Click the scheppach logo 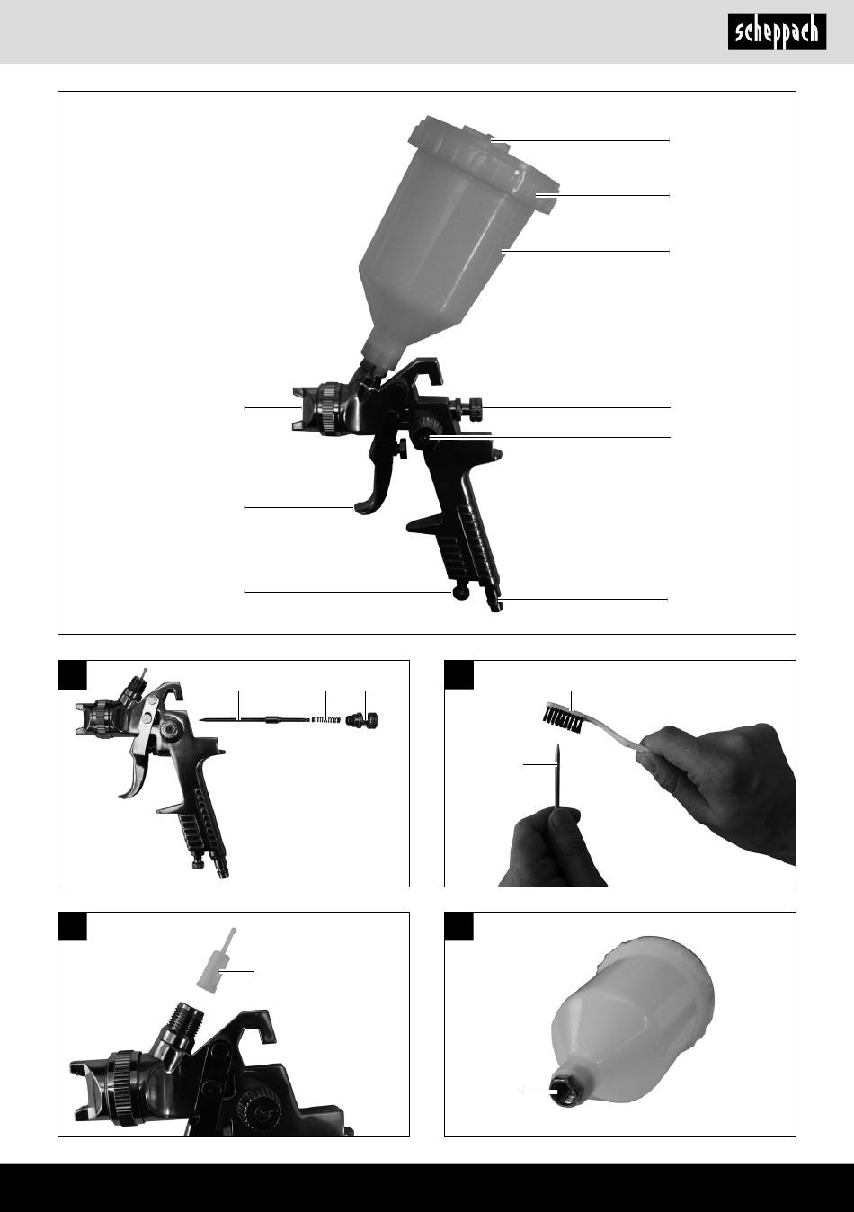777,32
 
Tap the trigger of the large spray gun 376,482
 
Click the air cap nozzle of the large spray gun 305,408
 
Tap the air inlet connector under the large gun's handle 494,601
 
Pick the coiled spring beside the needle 326,719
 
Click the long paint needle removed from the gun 254,719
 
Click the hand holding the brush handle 719,785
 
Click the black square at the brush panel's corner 458,674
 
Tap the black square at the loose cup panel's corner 458,927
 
